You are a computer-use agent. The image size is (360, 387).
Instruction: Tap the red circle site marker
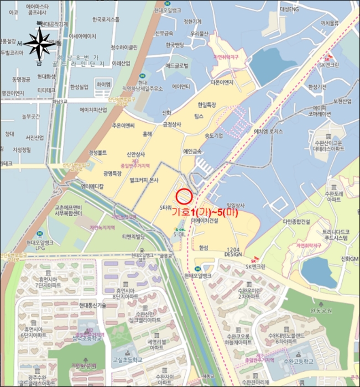tap(184, 196)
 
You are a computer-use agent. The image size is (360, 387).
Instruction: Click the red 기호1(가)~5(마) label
tap(205, 212)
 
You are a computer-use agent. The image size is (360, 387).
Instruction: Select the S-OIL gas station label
tap(180, 233)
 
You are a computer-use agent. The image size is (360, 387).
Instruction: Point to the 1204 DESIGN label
tap(234, 252)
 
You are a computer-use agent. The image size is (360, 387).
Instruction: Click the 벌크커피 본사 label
tap(141, 180)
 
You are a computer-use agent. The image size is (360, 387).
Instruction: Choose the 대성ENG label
tap(289, 9)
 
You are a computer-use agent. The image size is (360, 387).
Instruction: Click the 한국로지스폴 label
tap(107, 19)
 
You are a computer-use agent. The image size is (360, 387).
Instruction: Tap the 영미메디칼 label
tap(92, 187)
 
